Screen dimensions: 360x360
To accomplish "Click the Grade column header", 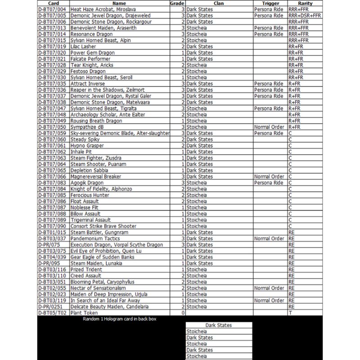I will point(177,3).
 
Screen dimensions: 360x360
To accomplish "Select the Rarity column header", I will point(306,3).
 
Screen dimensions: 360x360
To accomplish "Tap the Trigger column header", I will point(270,3).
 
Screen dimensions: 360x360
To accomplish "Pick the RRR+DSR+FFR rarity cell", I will point(305,15).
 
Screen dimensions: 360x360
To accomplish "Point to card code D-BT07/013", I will point(53,28).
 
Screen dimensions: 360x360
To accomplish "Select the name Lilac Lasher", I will point(84,46).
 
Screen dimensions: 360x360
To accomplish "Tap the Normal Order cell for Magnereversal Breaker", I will point(269,176).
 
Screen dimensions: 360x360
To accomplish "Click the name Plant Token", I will point(84,313).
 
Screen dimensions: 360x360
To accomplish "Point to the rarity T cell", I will point(290,313).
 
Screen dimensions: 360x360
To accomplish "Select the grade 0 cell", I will point(183,313).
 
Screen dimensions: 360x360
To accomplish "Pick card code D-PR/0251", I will point(52,306).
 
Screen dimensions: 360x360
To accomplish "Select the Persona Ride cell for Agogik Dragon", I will point(269,183).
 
